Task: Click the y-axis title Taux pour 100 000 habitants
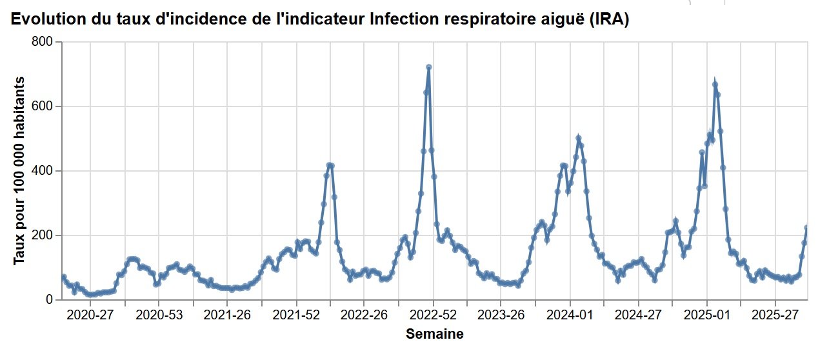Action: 19,170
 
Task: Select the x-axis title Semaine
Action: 434,334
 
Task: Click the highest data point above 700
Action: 428,67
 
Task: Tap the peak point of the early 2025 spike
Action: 715,85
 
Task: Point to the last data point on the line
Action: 807,228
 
